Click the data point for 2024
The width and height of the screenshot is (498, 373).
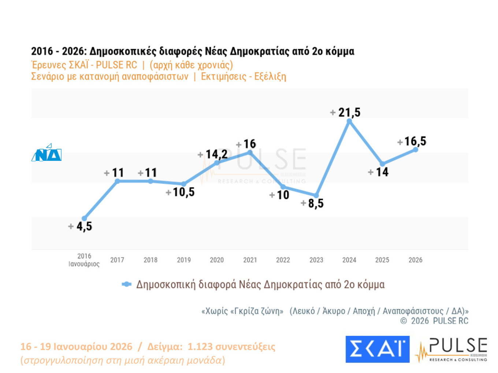[x=349, y=121]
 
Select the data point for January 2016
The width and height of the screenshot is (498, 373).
[x=84, y=218]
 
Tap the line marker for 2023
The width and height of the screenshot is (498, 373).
[x=316, y=196]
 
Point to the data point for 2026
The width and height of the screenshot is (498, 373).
[x=416, y=149]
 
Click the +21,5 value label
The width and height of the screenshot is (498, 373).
[x=345, y=112]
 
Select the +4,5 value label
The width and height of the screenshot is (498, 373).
[x=80, y=226]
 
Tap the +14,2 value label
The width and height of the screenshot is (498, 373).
[x=213, y=154]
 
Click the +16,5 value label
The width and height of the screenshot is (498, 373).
[x=412, y=142]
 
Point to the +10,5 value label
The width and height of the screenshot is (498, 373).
[x=180, y=192]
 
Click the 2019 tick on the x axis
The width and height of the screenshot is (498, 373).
[x=184, y=260]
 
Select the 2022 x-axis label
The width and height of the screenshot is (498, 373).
[x=283, y=260]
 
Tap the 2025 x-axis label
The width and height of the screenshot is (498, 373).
[x=382, y=260]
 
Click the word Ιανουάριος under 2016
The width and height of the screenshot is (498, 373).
[x=84, y=264]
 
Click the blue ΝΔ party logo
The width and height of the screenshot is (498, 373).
[x=47, y=153]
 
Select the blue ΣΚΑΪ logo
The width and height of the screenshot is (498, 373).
[x=378, y=349]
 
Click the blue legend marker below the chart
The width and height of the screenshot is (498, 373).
[x=127, y=284]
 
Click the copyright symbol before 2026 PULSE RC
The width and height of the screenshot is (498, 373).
[x=404, y=321]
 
